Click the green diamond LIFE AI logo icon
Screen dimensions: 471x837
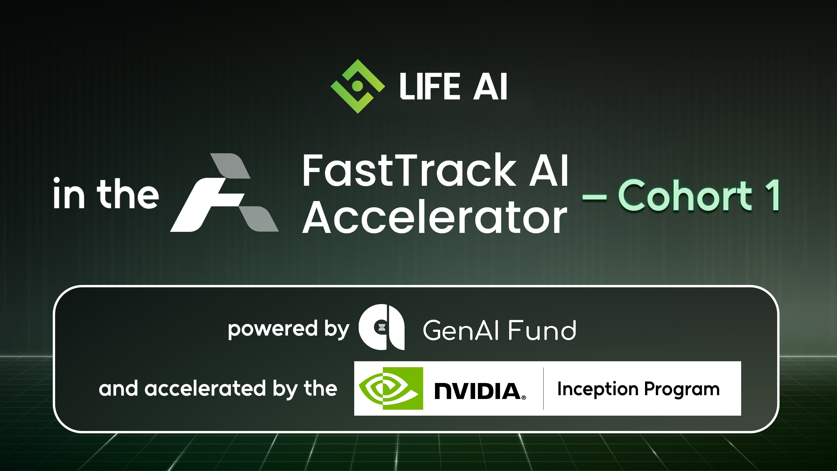358,86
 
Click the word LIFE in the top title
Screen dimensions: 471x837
430,86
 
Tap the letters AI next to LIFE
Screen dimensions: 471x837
490,86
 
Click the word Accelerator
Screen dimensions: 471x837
435,217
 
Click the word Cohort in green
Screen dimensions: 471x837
685,195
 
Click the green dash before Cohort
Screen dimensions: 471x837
594,197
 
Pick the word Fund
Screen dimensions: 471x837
542,330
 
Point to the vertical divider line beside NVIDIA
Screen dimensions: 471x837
543,389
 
